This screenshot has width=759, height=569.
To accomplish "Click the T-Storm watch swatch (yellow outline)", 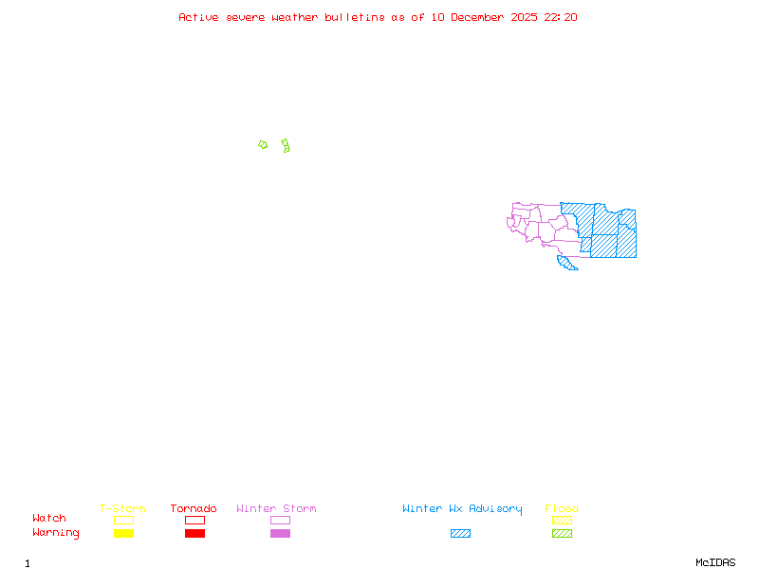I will [x=123, y=520].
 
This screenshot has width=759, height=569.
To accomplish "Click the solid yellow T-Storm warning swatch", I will [x=123, y=534].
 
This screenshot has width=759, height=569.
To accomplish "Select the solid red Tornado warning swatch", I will [x=194, y=534].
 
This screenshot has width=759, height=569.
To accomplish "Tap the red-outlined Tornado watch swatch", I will [x=194, y=520].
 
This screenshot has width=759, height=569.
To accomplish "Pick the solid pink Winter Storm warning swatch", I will [x=280, y=534].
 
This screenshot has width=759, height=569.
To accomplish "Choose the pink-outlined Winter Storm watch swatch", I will [x=280, y=520].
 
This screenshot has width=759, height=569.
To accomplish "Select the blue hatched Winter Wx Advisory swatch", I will [x=460, y=534].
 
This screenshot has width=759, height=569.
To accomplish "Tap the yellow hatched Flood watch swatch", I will [x=562, y=520].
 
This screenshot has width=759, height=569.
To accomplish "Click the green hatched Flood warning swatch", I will [x=562, y=534].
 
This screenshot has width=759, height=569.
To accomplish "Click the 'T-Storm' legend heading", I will [x=122, y=509].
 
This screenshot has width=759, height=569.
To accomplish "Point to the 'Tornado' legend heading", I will [x=194, y=509].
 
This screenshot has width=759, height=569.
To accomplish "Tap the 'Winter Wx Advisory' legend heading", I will [x=462, y=509].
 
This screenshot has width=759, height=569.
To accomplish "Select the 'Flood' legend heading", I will [x=562, y=509].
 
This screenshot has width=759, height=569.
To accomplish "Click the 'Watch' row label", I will [x=49, y=519].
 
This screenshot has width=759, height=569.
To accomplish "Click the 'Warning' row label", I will [x=55, y=533].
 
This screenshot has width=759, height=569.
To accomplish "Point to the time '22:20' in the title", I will [x=559, y=17].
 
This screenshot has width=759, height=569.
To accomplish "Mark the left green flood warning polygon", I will [x=263, y=145].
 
